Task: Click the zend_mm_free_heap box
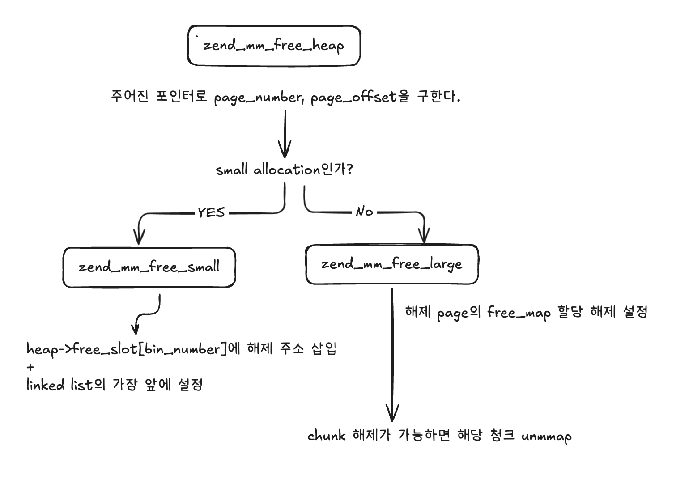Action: pyautogui.click(x=274, y=46)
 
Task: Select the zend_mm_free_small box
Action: pyautogui.click(x=149, y=267)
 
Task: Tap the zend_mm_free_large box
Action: pyautogui.click(x=392, y=264)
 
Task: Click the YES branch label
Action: pyautogui.click(x=211, y=212)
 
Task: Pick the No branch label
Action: pyautogui.click(x=364, y=212)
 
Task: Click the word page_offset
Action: pyautogui.click(x=354, y=98)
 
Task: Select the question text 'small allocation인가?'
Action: pyautogui.click(x=284, y=170)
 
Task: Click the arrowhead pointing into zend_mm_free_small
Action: pyautogui.click(x=139, y=237)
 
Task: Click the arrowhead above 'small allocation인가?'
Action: pyautogui.click(x=285, y=150)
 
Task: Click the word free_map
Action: pyautogui.click(x=519, y=312)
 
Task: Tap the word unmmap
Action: pyautogui.click(x=546, y=436)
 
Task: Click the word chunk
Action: pyautogui.click(x=327, y=436)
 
